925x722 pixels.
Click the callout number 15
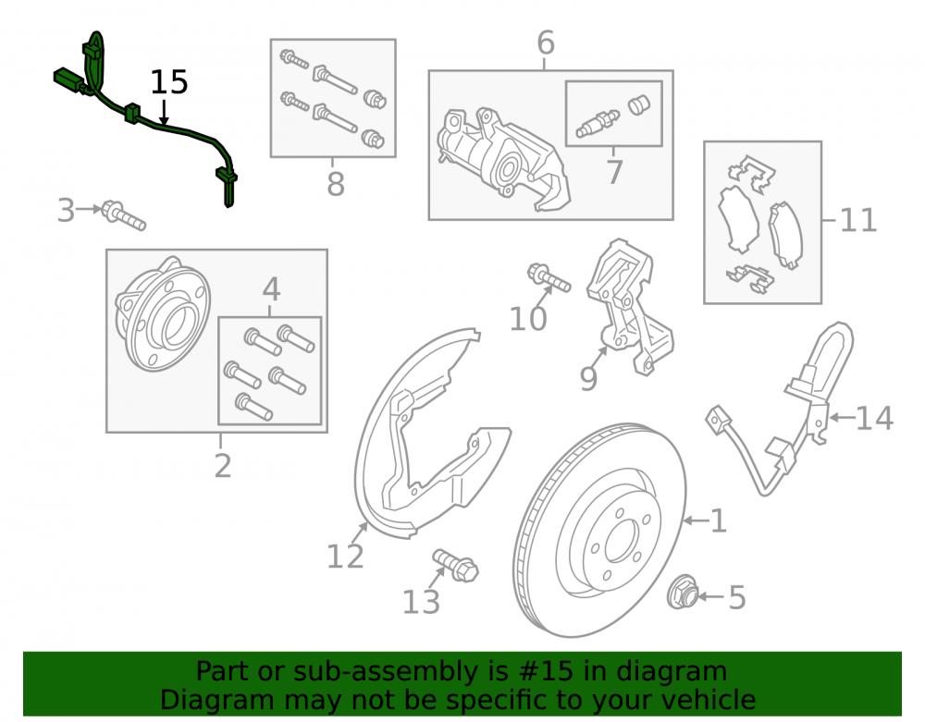tap(169, 82)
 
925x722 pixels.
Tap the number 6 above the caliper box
tap(546, 43)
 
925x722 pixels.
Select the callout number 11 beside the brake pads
tap(858, 220)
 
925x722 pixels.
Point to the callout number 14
tap(874, 418)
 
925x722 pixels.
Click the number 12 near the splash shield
tap(345, 556)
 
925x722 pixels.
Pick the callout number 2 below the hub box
tap(222, 466)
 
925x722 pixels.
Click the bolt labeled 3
tap(123, 215)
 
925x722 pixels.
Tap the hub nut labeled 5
tap(683, 591)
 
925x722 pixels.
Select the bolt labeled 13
tap(455, 565)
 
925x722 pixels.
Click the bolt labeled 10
tap(549, 277)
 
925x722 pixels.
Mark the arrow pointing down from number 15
tap(164, 112)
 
